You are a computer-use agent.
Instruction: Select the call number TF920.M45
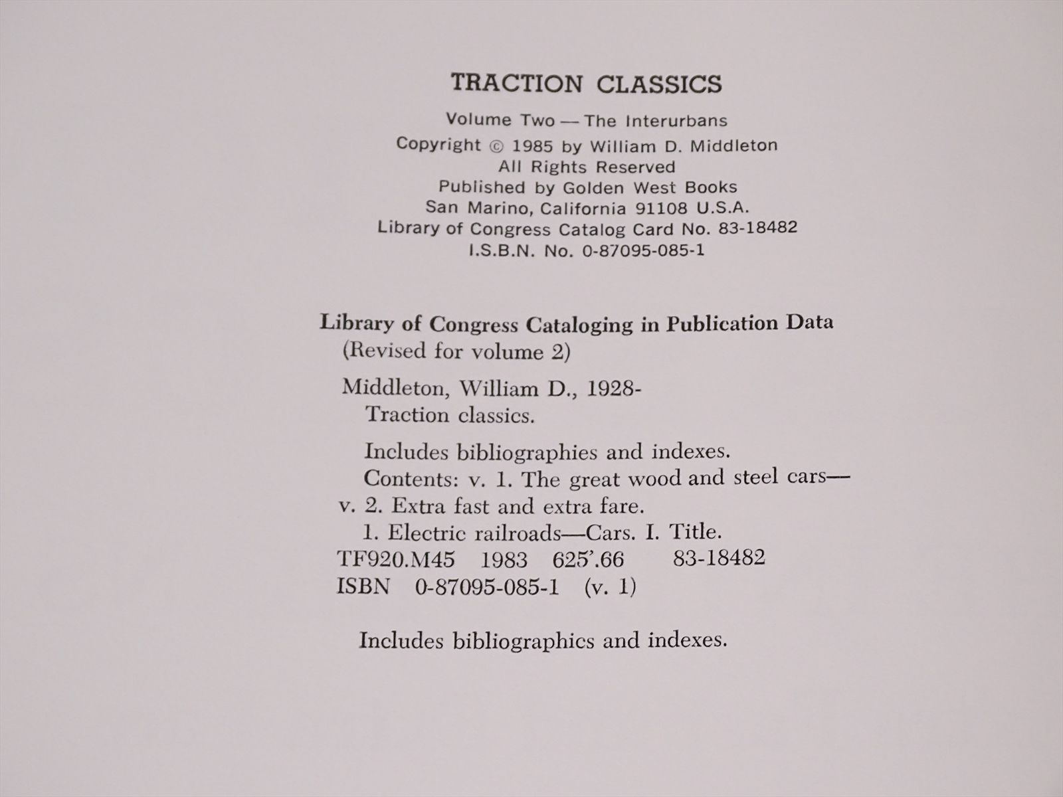pos(396,560)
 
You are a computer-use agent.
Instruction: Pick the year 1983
pos(504,561)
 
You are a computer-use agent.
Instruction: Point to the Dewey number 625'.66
pos(588,561)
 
